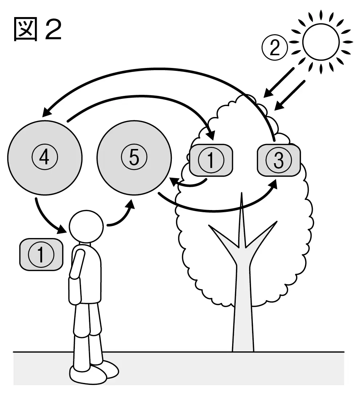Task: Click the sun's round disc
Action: (321, 42)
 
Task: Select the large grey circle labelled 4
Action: (45, 158)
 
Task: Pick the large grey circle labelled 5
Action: (134, 158)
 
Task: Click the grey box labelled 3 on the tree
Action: (279, 160)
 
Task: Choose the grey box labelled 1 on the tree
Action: (211, 160)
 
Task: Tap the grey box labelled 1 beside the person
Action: (41, 254)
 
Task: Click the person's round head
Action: (86, 227)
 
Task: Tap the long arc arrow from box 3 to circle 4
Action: (161, 69)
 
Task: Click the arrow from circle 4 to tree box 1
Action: (141, 96)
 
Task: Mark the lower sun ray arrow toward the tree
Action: (290, 95)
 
